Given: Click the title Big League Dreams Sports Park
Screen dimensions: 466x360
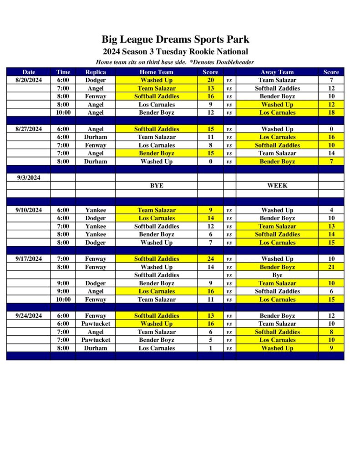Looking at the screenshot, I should (175, 40).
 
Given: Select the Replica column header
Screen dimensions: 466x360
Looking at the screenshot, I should (96, 72).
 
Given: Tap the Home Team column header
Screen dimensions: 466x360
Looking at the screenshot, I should (156, 72).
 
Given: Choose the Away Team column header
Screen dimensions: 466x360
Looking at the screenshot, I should (277, 72).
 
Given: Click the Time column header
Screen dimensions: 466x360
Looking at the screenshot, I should (63, 72).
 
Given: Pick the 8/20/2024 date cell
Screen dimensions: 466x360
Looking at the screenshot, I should (28, 80).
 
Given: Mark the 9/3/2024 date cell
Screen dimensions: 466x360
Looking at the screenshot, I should (28, 177).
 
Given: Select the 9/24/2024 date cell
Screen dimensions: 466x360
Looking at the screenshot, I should (28, 315).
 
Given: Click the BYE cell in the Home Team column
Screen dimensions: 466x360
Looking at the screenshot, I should (156, 186).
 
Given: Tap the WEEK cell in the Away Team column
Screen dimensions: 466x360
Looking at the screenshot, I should (277, 186).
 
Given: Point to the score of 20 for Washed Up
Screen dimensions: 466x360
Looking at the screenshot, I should (210, 80).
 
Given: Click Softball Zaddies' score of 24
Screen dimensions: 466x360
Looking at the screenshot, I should (210, 258).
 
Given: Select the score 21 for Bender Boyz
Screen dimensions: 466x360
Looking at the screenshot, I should (331, 267).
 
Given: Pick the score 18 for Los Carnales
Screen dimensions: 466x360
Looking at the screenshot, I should (331, 112).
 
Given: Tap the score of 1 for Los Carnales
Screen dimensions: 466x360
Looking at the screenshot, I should (210, 348).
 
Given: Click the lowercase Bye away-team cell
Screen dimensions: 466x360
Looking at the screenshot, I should (277, 275).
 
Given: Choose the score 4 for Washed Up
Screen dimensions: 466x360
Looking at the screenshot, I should (331, 210).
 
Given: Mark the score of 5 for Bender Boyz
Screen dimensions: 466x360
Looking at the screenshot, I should (210, 340).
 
